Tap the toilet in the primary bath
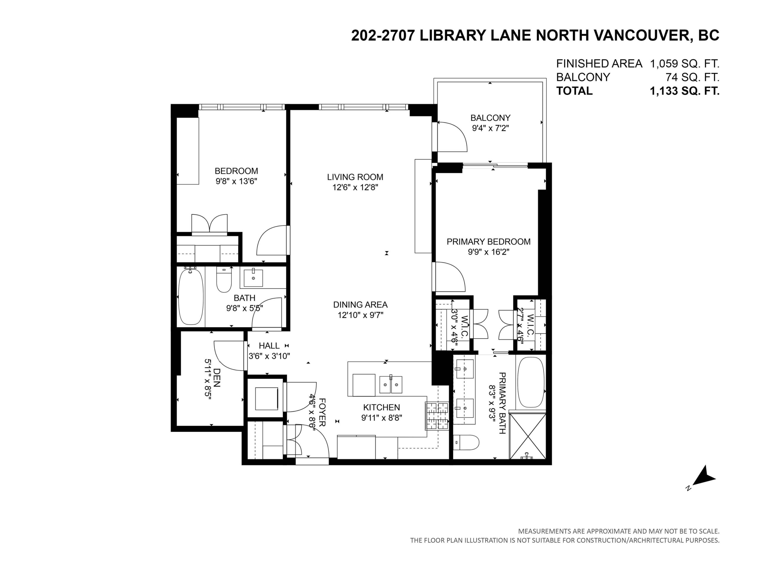(466, 443)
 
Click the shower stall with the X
(527, 436)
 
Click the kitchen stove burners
(437, 416)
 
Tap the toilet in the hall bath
(224, 279)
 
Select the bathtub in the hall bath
(191, 296)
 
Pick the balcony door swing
(452, 137)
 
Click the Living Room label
(355, 177)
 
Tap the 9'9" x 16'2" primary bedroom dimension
(489, 252)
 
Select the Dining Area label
(361, 304)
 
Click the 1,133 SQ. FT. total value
(685, 91)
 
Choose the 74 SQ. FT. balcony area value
(693, 78)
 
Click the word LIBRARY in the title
(453, 35)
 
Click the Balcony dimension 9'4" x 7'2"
(490, 128)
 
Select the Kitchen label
(381, 407)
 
